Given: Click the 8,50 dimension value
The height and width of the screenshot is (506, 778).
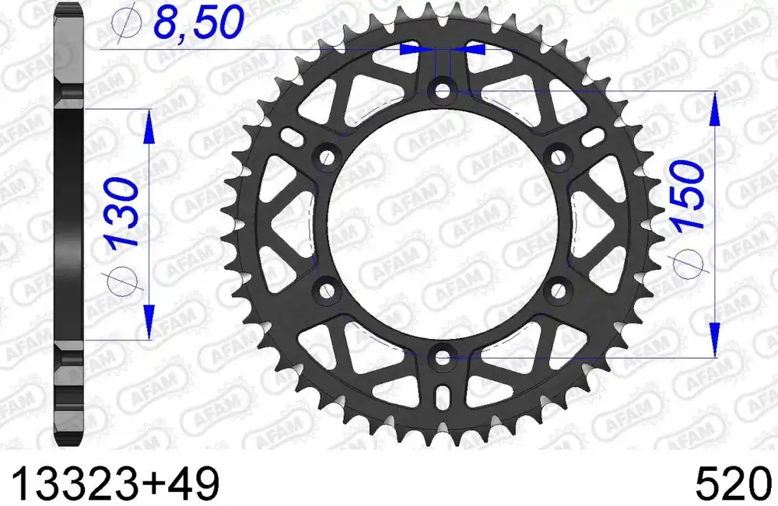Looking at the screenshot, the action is point(198,23).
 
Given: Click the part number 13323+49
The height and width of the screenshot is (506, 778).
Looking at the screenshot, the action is point(114,483).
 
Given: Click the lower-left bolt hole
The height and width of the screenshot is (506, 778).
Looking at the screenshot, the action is point(327,291).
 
